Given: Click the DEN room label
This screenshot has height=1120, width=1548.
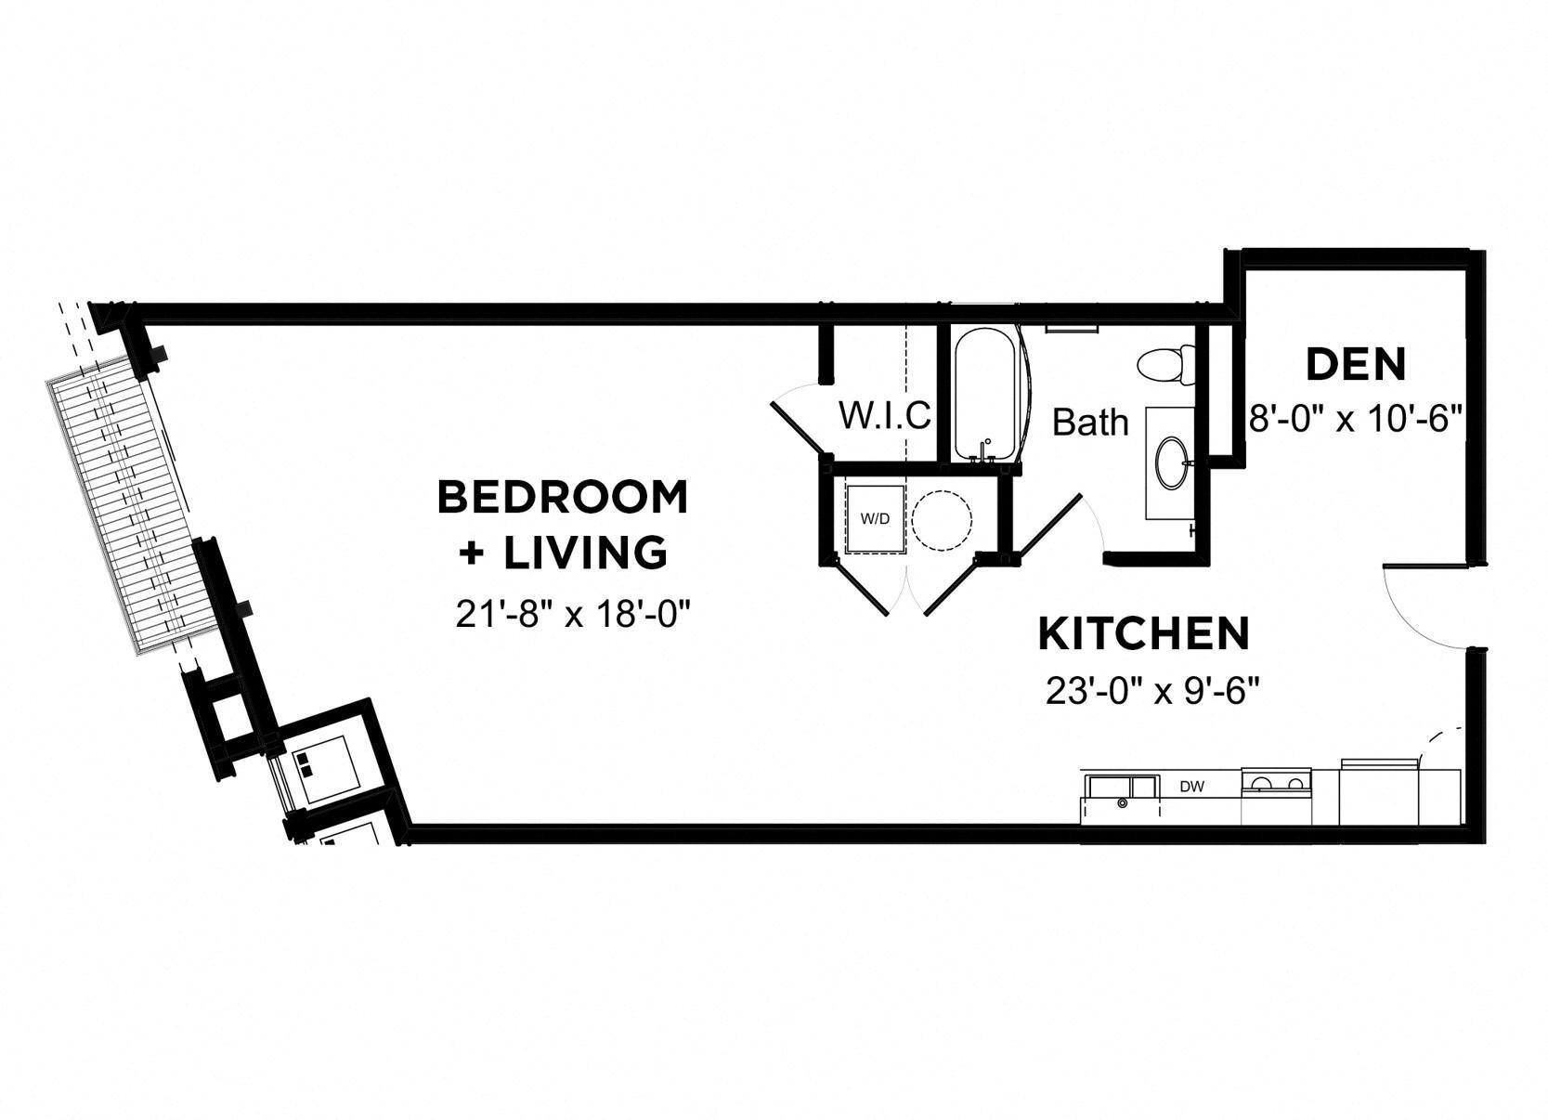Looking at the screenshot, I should point(1355,364).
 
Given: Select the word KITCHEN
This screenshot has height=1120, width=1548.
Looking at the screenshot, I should point(1143,634).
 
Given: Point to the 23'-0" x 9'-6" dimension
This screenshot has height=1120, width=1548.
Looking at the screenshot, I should point(1151,691).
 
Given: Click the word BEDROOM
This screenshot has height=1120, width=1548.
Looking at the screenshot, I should point(563,497).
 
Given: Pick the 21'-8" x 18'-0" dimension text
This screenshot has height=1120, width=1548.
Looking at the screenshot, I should point(575,614).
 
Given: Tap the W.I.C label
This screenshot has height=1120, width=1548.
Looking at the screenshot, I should point(884,415).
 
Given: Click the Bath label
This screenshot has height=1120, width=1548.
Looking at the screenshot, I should point(1090,423).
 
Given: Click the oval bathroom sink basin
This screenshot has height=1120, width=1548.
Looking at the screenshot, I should point(1171,462).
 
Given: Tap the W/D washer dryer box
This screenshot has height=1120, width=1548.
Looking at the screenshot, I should point(874,518).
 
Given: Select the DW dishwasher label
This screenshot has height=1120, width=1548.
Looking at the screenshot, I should point(1191,787).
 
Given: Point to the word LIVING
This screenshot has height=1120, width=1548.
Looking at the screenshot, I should point(585,552).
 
